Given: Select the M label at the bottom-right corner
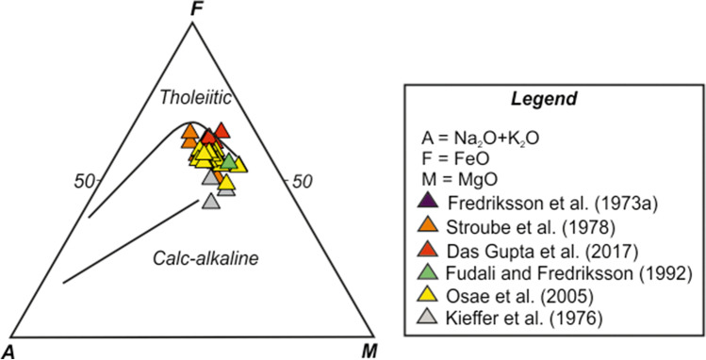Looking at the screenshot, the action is (369, 349).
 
